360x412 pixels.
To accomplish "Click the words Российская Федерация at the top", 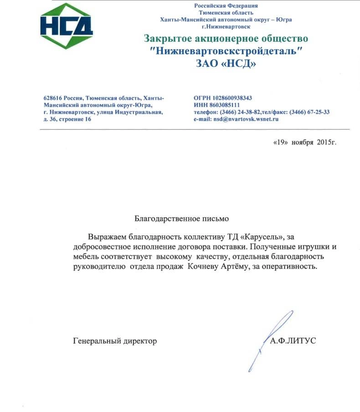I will [x=226, y=5].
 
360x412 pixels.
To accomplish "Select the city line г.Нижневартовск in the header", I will [x=226, y=26].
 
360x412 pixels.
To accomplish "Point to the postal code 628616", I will [x=53, y=98].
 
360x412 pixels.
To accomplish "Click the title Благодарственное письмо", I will [x=181, y=219].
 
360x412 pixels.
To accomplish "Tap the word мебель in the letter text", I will [x=85, y=257].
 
